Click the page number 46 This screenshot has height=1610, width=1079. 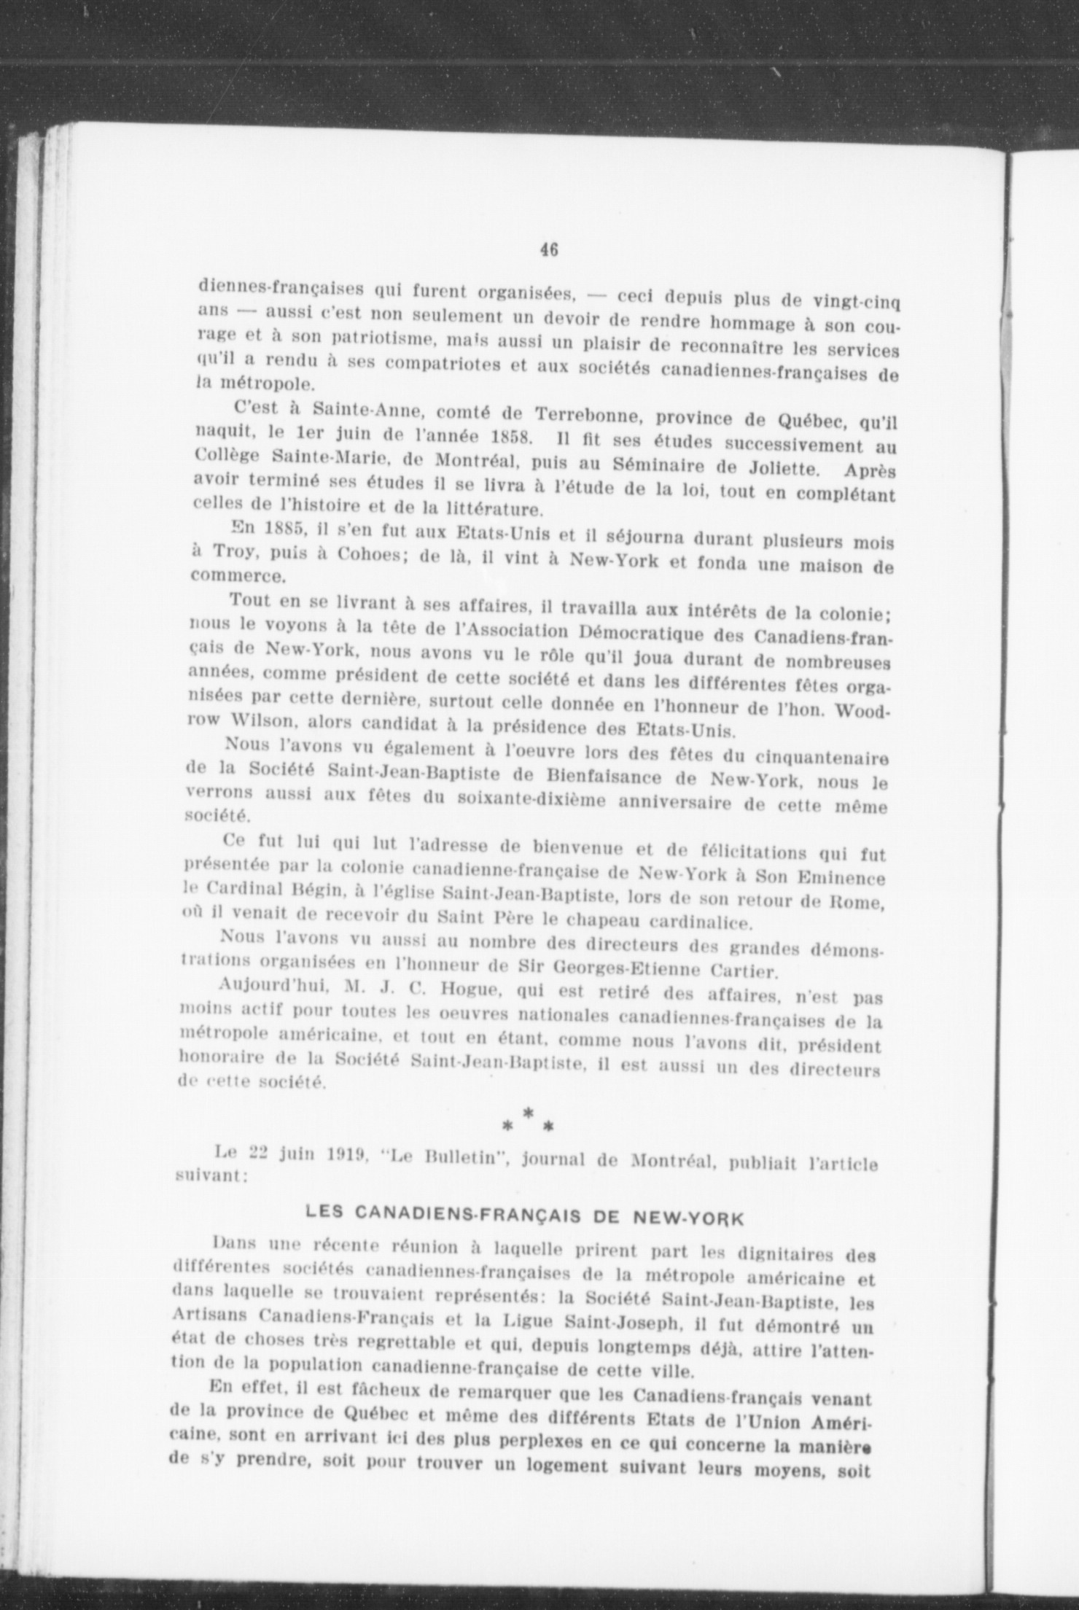549,249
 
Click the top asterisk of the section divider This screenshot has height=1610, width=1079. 528,1112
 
